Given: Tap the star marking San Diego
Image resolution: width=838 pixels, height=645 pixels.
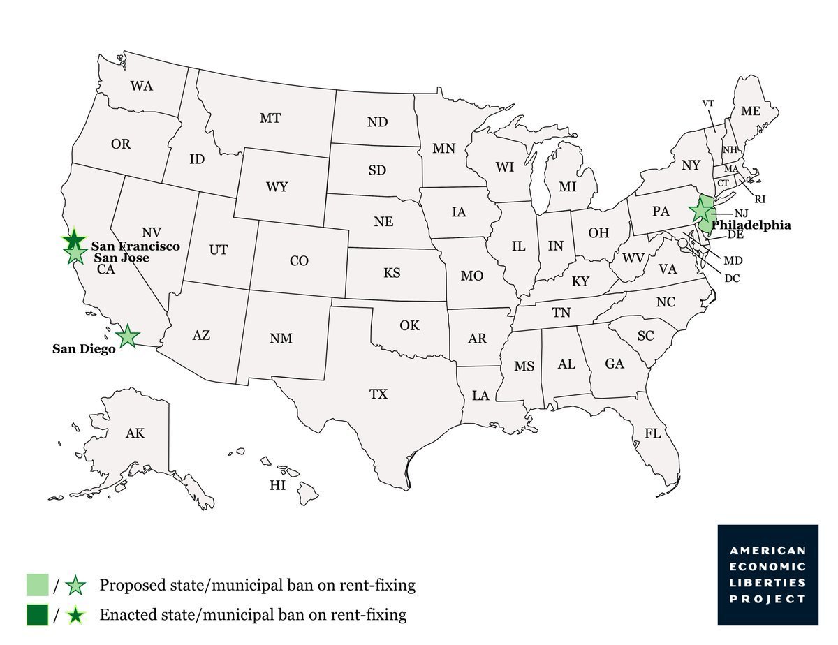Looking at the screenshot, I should [127, 336].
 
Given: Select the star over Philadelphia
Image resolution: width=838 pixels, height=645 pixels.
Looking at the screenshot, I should [700, 210].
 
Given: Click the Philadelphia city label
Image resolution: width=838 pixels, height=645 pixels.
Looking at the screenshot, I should [751, 225].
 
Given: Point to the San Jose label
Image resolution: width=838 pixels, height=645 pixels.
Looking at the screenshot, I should [122, 258].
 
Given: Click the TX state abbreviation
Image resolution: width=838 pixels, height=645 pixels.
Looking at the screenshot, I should [378, 394].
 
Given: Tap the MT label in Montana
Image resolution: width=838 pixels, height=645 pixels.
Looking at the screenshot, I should [270, 119].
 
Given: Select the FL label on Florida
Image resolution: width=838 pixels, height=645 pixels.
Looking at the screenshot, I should [652, 433].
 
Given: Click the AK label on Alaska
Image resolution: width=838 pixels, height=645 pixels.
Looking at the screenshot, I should [135, 433].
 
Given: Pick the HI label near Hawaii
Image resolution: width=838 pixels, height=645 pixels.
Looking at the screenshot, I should [278, 486].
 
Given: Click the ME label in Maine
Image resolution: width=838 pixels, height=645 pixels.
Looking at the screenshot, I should [751, 111].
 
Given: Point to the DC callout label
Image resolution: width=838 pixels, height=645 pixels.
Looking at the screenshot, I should [733, 278].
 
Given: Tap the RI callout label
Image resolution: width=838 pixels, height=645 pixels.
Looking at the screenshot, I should [760, 199].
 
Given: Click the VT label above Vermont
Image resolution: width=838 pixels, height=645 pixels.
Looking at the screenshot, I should [708, 103].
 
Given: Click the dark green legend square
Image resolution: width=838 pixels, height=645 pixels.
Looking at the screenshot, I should [37, 615].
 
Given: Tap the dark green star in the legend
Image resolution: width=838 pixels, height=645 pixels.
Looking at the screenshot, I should [75, 615].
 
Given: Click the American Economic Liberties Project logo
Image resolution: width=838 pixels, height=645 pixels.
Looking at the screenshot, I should [767, 574].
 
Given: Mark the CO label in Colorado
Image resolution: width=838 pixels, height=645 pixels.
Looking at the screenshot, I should [299, 261].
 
